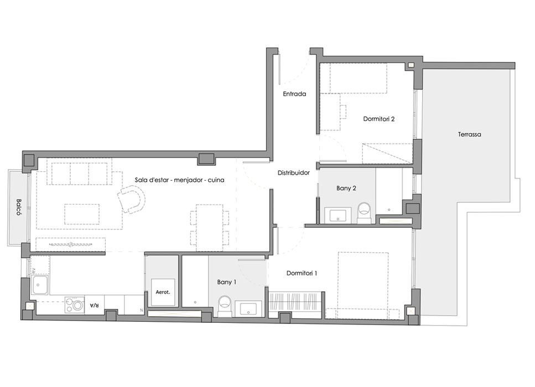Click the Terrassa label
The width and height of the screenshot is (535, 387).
click(x=470, y=134)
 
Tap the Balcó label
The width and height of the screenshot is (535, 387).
click(x=19, y=207)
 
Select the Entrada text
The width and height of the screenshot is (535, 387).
click(x=294, y=94)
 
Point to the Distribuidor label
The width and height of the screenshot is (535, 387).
click(x=294, y=173)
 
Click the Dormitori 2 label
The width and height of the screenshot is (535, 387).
click(x=379, y=119)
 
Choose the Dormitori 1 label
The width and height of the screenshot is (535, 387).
click(x=302, y=273)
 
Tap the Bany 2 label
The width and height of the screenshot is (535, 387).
click(x=346, y=188)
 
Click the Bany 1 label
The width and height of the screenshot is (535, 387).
click(x=227, y=282)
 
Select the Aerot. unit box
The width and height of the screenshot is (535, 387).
click(x=163, y=292)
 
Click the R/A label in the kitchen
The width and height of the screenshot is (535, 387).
click(x=94, y=305)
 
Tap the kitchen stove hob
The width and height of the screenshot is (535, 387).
click(x=75, y=305)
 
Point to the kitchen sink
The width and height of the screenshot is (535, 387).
click(x=40, y=285)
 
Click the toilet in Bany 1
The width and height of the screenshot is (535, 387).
click(x=225, y=305)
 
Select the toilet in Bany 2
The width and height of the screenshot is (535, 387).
click(x=364, y=212)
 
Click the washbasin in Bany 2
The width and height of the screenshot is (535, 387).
click(x=338, y=215)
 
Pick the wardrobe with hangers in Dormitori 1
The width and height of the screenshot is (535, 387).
click(x=294, y=301)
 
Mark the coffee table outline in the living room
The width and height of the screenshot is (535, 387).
click(x=82, y=214)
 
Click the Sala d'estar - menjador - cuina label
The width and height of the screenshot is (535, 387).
click(x=179, y=180)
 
